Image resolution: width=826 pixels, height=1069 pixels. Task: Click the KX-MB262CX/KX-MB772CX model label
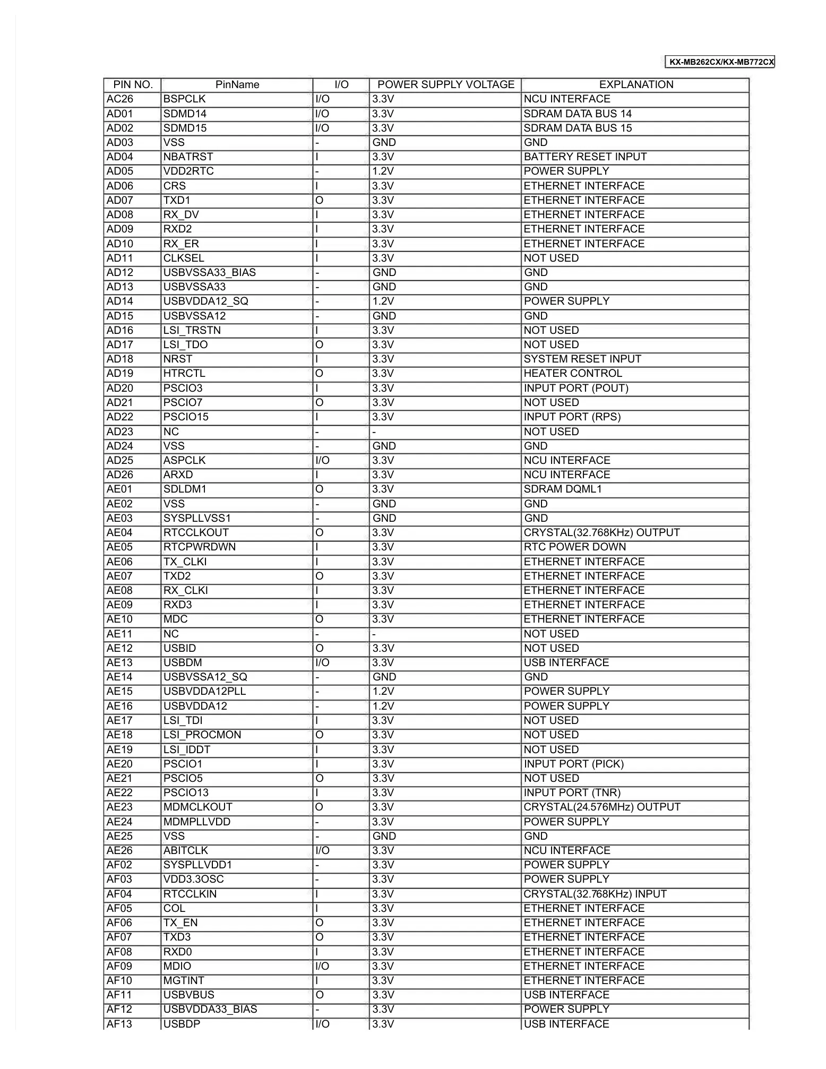click(721, 62)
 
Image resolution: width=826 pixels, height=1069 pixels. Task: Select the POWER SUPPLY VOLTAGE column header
click(445, 85)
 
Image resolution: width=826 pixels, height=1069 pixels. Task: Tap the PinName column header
click(237, 85)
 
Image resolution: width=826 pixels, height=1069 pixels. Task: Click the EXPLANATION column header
click(635, 85)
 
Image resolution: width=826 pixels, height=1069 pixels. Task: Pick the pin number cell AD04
click(120, 157)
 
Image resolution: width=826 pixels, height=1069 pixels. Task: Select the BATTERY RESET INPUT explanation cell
click(585, 157)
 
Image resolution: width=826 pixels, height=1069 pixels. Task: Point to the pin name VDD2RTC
click(188, 171)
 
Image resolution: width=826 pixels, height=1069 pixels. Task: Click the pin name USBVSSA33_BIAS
click(209, 273)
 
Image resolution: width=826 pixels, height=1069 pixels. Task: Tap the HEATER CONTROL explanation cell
click(572, 374)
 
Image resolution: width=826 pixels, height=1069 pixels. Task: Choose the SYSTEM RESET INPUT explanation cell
click(582, 359)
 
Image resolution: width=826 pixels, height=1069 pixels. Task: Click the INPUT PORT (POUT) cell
click(576, 389)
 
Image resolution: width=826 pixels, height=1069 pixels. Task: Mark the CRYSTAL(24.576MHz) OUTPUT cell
click(601, 807)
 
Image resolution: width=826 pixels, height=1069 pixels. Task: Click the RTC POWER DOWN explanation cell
click(574, 547)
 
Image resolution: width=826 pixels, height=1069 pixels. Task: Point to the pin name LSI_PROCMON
click(202, 735)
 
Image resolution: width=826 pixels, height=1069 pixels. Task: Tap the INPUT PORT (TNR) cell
click(572, 793)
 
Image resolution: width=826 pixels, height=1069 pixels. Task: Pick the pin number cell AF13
click(119, 1024)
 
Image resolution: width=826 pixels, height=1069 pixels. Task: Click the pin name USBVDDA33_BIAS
click(210, 1010)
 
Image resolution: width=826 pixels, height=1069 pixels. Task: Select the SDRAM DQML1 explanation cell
click(562, 489)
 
